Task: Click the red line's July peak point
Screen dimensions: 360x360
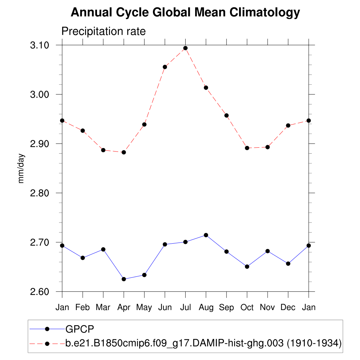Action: tap(185, 48)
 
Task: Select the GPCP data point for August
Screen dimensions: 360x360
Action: tap(206, 235)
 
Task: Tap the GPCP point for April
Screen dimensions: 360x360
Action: tap(124, 279)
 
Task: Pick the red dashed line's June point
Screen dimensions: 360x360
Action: tap(165, 67)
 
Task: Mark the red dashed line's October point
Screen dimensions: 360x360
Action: tap(247, 148)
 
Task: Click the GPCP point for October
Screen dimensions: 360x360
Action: tap(247, 266)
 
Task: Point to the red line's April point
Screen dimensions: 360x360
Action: tap(124, 152)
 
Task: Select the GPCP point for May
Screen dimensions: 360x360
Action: tap(144, 275)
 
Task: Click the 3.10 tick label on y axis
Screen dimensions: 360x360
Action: tap(39, 45)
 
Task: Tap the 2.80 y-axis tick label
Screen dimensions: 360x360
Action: tap(39, 193)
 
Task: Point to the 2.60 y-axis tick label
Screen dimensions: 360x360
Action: tap(39, 292)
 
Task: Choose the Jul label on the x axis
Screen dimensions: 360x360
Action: tap(185, 307)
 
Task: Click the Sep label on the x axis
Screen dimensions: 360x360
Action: tap(226, 307)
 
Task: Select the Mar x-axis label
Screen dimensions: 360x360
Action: tap(103, 307)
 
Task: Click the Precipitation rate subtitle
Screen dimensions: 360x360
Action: tap(103, 31)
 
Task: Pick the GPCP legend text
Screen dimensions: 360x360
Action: tap(80, 329)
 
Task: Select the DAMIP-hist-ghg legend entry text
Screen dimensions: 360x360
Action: tap(203, 343)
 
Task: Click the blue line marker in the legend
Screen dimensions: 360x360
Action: tap(47, 329)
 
